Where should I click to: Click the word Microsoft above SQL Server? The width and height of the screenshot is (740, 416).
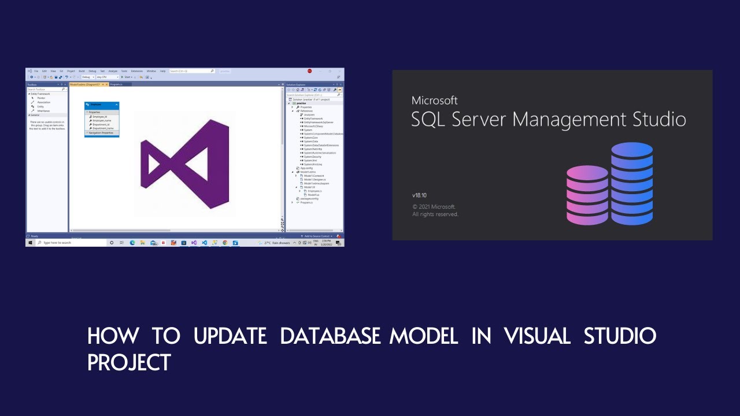(434, 101)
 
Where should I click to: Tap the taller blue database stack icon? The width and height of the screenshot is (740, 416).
(632, 183)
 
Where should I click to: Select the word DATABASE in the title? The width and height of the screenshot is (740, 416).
(330, 336)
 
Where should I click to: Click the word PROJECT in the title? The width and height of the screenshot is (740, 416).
(129, 362)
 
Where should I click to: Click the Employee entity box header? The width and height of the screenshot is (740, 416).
(102, 105)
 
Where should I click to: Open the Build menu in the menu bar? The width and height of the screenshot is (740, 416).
(82, 70)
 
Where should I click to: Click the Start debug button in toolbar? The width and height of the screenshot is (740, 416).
(126, 77)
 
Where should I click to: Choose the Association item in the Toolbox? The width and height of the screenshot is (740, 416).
(43, 102)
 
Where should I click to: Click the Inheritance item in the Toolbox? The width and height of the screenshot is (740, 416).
(43, 111)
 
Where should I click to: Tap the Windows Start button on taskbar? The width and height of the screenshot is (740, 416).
(30, 243)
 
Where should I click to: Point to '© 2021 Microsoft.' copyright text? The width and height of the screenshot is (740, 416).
(434, 206)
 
